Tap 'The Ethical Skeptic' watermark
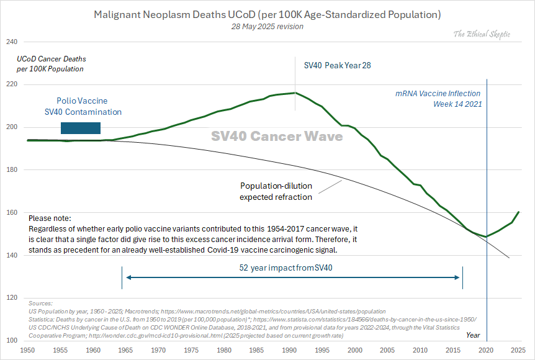click(x=482, y=34)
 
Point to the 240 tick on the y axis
click(x=11, y=42)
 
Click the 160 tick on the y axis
click(x=11, y=213)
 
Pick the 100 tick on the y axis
click(x=11, y=341)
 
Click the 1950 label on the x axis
click(x=27, y=351)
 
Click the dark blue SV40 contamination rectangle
click(x=80, y=128)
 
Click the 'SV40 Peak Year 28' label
click(x=337, y=65)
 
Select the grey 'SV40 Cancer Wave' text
click(x=277, y=136)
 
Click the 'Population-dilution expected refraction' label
click(x=276, y=191)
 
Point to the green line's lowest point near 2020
click(x=487, y=236)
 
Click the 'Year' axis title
click(x=474, y=335)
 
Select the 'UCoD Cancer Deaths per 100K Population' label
click(x=51, y=63)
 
